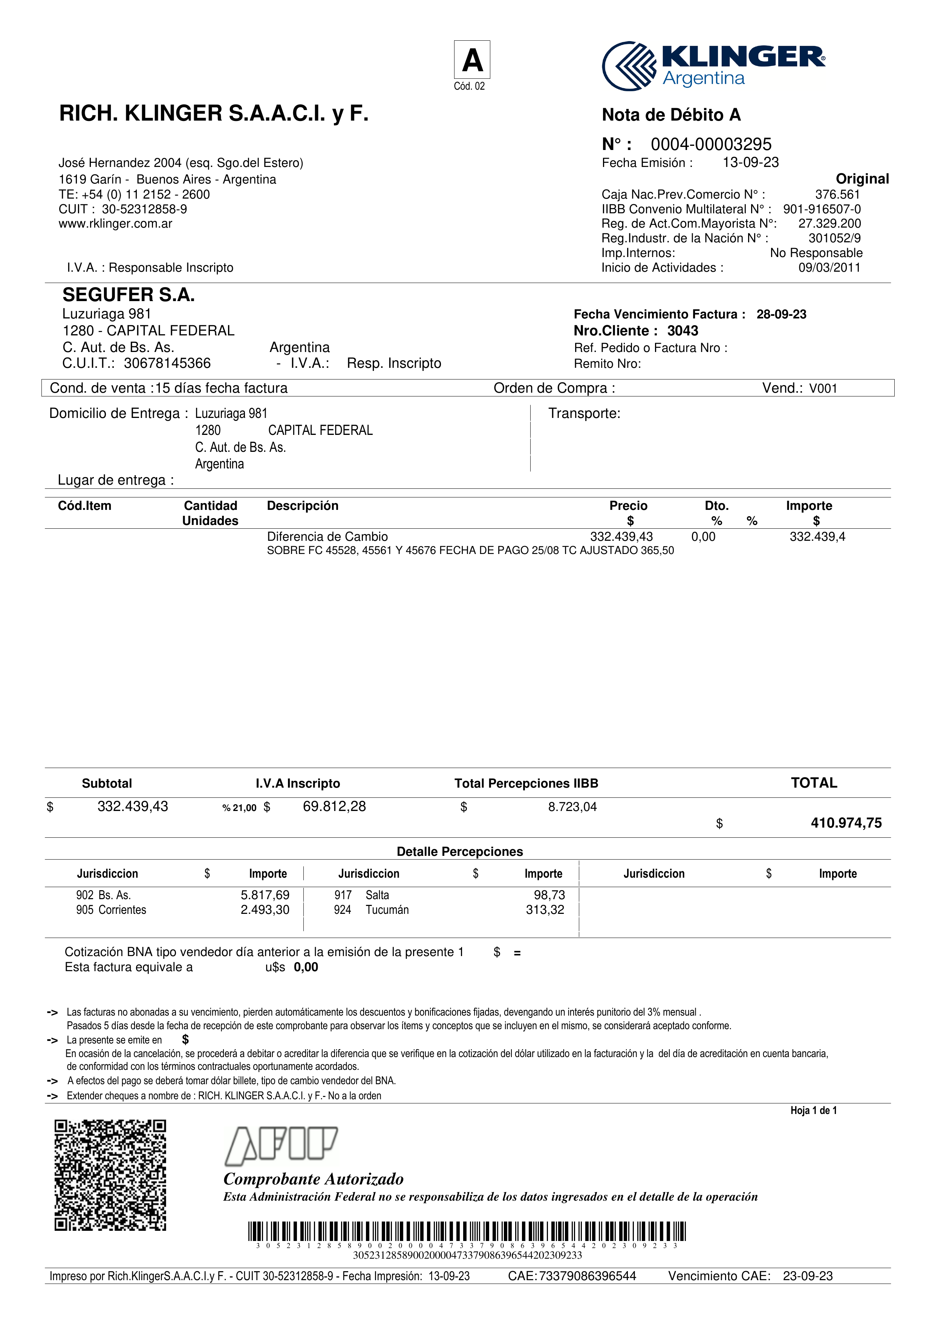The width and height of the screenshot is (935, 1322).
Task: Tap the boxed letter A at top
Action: pos(472,60)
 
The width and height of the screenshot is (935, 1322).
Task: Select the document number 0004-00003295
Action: pos(711,144)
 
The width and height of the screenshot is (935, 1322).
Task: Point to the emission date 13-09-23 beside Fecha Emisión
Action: pos(750,162)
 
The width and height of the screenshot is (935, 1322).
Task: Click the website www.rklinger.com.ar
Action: pos(115,223)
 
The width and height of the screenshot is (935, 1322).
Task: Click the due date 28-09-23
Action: pos(781,314)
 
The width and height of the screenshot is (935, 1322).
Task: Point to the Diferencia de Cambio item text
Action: pos(327,537)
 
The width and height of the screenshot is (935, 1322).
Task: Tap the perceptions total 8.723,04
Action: pos(572,807)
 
